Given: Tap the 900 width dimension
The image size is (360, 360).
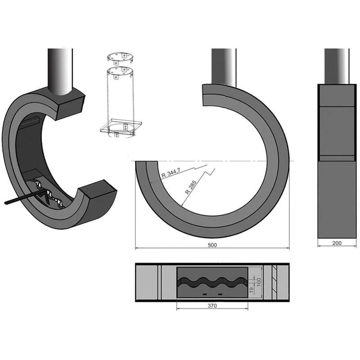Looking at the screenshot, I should tap(212, 245).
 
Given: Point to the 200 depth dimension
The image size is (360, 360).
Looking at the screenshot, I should tap(337, 243).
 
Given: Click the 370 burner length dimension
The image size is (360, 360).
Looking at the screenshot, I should tap(212, 306).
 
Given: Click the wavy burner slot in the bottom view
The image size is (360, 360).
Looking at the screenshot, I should tap(211, 283).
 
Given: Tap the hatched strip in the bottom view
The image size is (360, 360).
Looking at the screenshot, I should tap(274, 282).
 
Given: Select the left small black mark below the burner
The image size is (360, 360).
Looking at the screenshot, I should tap(205, 294).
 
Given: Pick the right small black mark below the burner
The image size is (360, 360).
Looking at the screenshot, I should tap(220, 294).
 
